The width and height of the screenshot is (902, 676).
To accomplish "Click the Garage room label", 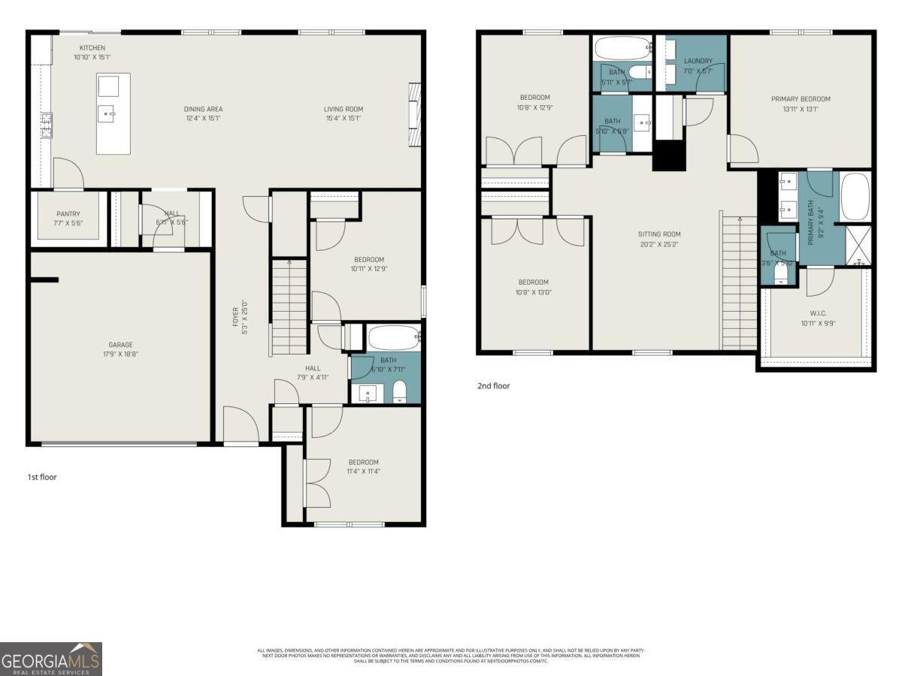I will point(120,345).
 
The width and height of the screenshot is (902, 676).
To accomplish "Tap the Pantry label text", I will point(68,214).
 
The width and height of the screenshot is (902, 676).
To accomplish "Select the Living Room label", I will point(344,109).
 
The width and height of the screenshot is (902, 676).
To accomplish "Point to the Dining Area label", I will point(204,109).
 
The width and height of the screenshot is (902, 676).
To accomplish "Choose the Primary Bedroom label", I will point(800,99).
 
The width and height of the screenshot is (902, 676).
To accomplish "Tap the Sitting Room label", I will point(660,234).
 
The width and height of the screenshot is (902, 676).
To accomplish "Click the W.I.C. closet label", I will point(819,314).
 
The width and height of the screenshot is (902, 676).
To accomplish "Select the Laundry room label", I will point(698,61).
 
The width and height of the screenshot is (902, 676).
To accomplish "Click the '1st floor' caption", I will point(42,477).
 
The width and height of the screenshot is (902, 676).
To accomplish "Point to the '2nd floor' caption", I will point(493,386).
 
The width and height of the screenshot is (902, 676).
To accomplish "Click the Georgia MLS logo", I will point(51,659).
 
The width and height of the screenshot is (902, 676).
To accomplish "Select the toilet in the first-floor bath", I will point(399,391).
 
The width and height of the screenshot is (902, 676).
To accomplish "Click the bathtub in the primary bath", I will point(855,197).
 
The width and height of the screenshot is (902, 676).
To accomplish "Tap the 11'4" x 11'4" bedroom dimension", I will point(363,472).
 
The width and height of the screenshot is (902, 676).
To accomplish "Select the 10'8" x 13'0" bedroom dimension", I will point(534,293).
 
